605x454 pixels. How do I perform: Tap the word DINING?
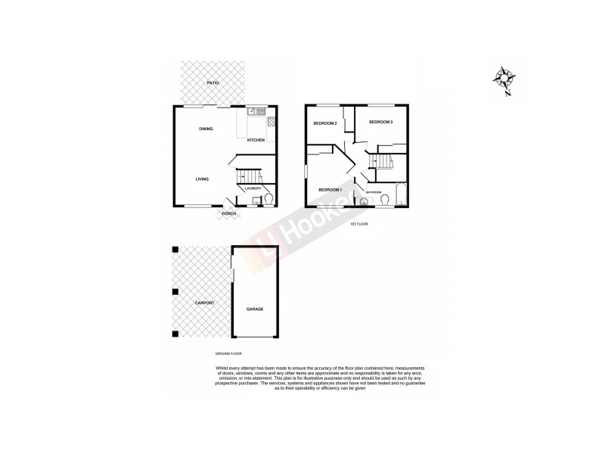tap(206, 129)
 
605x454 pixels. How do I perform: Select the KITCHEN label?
tap(256, 140)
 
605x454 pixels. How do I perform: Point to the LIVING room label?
tap(202, 179)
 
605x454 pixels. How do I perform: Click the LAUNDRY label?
tap(253, 188)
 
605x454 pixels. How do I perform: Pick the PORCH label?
tap(228, 214)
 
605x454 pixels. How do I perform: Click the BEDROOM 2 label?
tap(325, 123)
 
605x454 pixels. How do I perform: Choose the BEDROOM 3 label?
tap(380, 122)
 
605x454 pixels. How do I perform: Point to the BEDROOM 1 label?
tap(330, 189)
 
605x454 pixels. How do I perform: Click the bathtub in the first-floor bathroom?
tap(402, 194)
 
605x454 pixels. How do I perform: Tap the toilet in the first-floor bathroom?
tap(385, 200)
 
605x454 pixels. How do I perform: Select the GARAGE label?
tap(254, 309)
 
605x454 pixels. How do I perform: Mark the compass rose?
tap(503, 78)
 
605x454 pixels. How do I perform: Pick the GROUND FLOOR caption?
tap(227, 353)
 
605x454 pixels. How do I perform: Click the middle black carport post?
tap(175, 291)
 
